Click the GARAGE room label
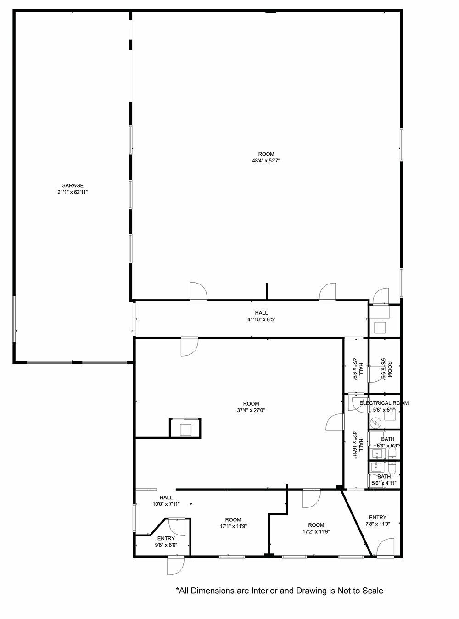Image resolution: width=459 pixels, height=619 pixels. pos(73,185)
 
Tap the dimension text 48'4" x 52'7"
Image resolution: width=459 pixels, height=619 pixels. pos(266,161)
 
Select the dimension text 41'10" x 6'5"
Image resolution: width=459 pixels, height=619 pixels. pos(261,319)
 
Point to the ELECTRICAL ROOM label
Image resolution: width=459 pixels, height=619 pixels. pos(384,403)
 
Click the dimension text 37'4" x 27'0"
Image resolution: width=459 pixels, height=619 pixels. pos(251,410)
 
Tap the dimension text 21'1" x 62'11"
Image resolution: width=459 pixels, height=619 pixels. pos(73,192)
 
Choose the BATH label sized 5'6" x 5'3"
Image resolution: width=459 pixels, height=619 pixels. pos(387,439)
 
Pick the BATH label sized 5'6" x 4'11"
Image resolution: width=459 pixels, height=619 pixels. pos(384,476)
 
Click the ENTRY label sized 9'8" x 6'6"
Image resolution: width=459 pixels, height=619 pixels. pos(166,538)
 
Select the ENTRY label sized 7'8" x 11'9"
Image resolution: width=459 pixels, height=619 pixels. pos(377,517)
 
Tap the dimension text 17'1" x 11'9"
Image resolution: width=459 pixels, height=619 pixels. pos(233,526)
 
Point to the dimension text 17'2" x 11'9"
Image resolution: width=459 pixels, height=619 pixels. pos(316,532)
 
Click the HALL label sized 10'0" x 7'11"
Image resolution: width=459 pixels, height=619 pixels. pos(166,497)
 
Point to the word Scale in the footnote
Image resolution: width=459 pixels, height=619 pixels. pos(372,591)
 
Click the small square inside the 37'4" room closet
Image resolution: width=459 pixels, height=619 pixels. pos(185,430)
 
